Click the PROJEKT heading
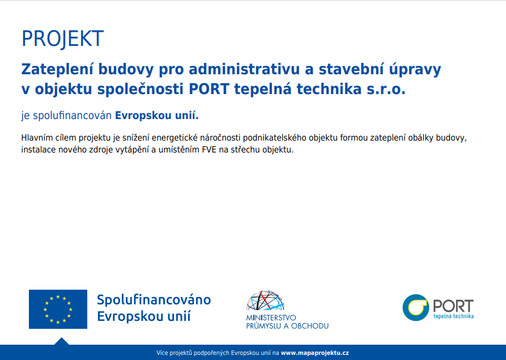click(x=62, y=39)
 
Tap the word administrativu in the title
click(x=244, y=69)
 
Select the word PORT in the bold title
click(x=209, y=89)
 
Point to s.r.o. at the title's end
click(x=386, y=90)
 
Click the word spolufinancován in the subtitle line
click(x=73, y=116)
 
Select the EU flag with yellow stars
click(x=58, y=309)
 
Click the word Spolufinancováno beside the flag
click(x=154, y=300)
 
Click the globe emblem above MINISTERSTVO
click(x=265, y=300)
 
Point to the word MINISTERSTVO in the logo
click(x=271, y=317)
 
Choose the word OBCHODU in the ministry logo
click(x=310, y=326)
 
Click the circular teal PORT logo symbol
click(x=416, y=307)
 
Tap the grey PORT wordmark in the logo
click(x=453, y=306)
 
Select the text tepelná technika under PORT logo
click(x=453, y=316)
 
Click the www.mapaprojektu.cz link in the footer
click(x=314, y=353)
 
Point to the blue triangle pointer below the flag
click(x=62, y=342)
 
